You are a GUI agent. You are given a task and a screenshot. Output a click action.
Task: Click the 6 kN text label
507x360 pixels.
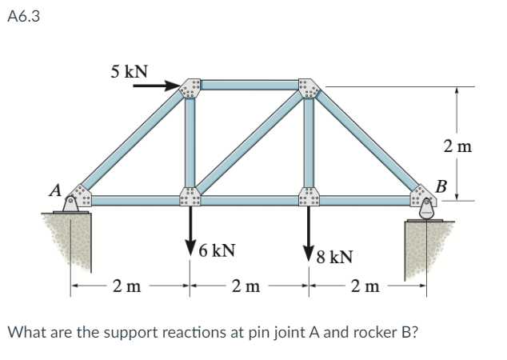216,250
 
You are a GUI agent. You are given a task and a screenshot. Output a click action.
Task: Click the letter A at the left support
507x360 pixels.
55,190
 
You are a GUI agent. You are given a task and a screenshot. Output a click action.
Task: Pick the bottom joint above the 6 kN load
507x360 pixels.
190,198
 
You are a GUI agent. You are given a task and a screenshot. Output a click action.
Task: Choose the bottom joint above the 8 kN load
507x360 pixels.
308,198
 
